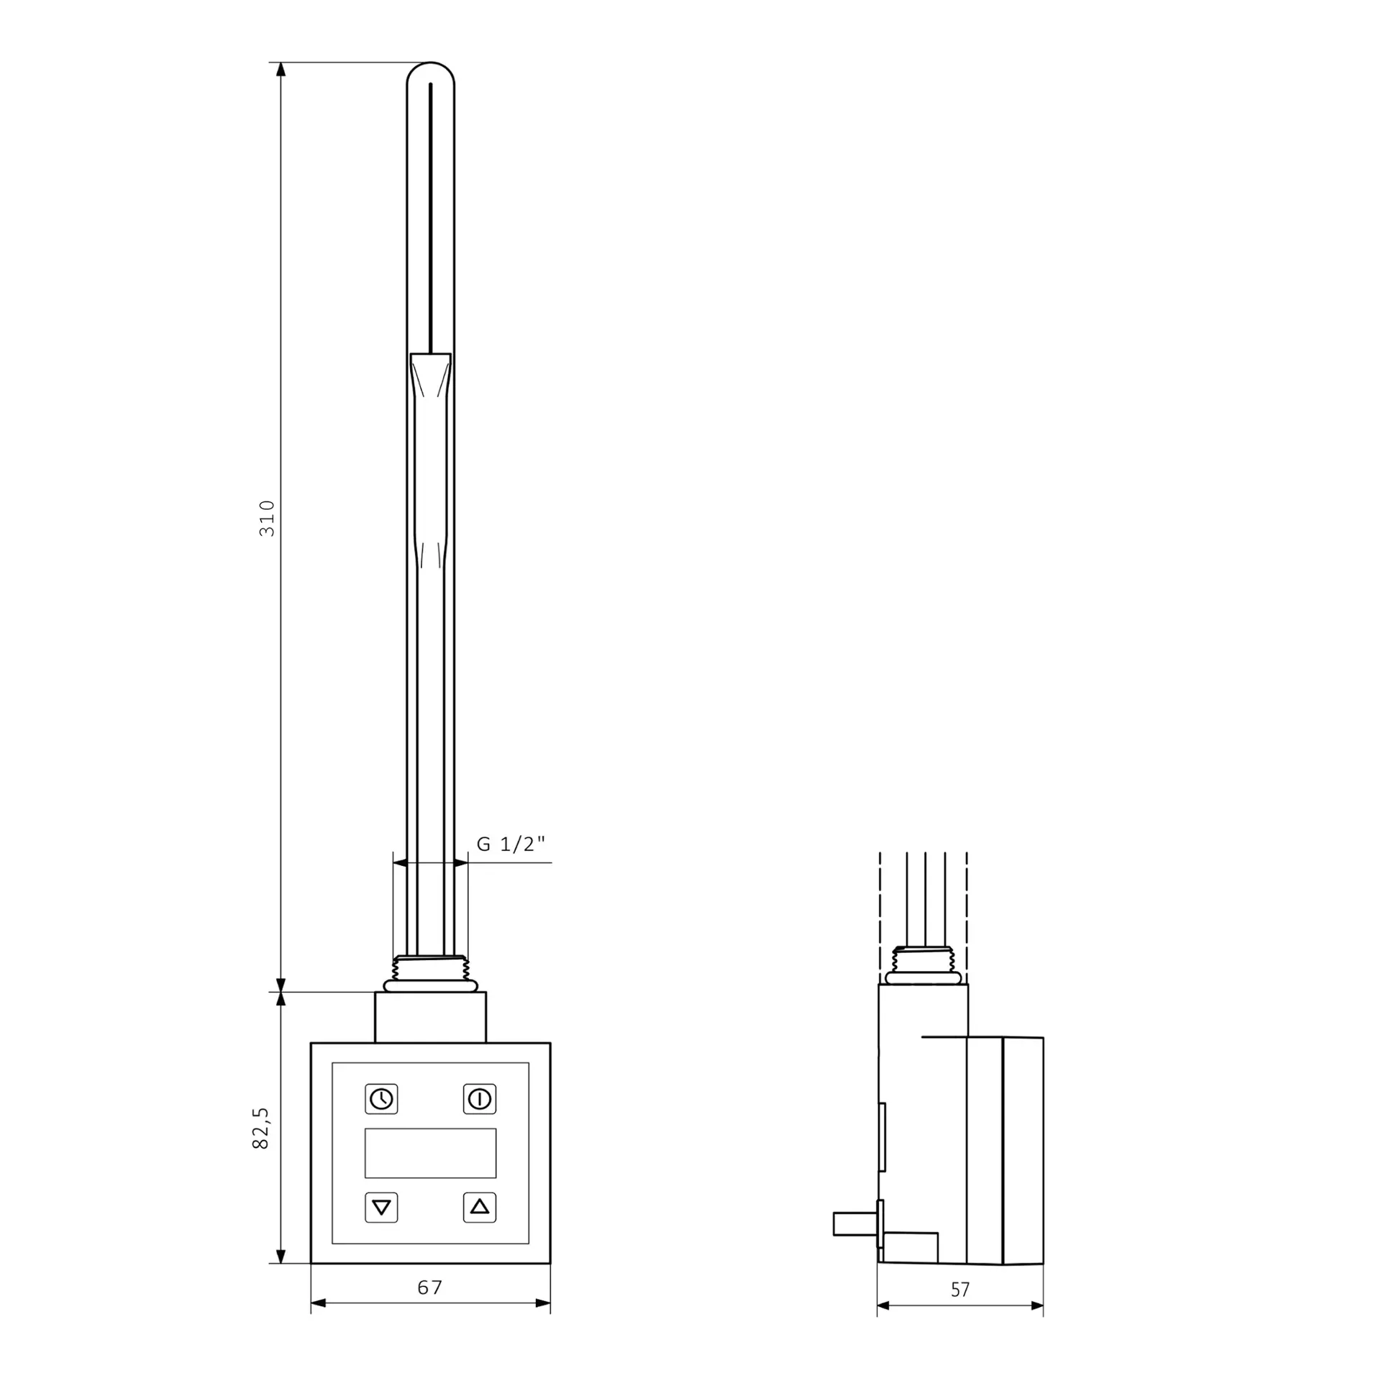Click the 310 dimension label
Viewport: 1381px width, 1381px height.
pos(267,518)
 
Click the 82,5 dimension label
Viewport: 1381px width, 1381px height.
pos(260,1127)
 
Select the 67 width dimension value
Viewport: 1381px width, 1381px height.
pos(430,1287)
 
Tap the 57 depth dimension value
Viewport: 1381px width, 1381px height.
pos(960,1290)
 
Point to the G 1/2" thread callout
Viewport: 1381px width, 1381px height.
pos(511,844)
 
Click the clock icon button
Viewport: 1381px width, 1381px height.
pos(381,1098)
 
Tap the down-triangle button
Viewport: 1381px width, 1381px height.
pos(381,1207)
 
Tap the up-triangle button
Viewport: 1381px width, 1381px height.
pos(480,1207)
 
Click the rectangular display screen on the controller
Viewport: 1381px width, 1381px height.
pos(430,1152)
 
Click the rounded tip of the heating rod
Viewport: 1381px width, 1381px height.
pos(430,72)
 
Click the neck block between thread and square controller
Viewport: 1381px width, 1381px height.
pos(430,1017)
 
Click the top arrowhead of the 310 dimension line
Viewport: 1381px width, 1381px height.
pos(281,70)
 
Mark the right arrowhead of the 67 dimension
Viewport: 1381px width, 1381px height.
pos(543,1303)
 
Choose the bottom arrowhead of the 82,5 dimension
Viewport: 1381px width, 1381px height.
pos(281,1256)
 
